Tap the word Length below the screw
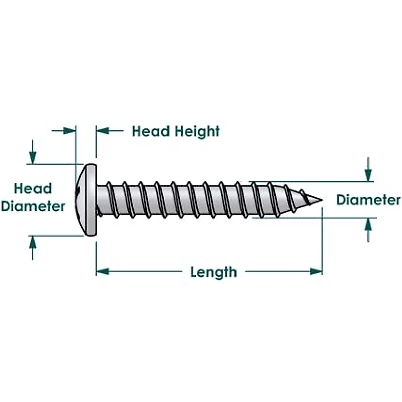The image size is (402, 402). (213, 272)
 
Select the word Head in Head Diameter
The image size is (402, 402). (33, 189)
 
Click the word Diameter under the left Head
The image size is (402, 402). (33, 206)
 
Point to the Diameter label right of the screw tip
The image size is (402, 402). (368, 200)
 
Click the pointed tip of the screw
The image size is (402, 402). (320, 200)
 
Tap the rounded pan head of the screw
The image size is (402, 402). (88, 200)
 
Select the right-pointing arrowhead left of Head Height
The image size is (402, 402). (70, 131)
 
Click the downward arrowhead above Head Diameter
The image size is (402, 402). (32, 157)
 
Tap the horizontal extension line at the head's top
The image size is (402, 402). (55, 164)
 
